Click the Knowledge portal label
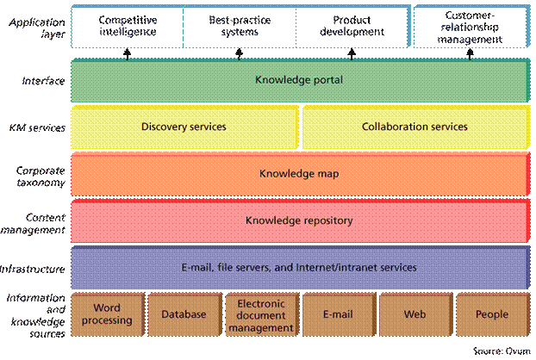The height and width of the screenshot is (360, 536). [x=299, y=80]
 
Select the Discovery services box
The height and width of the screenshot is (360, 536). [x=184, y=127]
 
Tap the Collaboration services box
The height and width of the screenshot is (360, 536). [x=414, y=127]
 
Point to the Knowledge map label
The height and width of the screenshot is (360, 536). [x=299, y=173]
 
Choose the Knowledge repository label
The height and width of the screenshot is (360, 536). [x=299, y=220]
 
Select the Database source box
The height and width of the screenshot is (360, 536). [x=184, y=314]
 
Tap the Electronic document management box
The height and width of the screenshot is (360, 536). [x=260, y=315]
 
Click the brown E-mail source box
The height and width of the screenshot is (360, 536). [x=337, y=314]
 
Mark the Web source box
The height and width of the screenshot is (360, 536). [x=414, y=314]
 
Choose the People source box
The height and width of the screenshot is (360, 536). [x=491, y=314]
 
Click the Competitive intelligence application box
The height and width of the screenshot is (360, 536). [x=127, y=25]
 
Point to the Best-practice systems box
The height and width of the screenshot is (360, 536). [x=239, y=25]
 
